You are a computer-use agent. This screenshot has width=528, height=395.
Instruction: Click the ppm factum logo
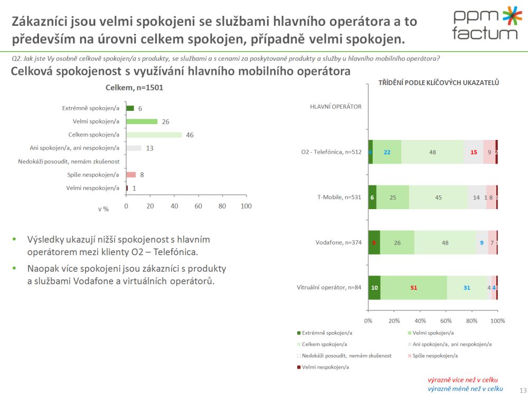point(484,24)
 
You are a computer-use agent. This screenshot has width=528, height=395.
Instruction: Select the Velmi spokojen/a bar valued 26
point(142,121)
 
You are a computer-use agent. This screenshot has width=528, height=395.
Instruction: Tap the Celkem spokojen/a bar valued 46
point(154,135)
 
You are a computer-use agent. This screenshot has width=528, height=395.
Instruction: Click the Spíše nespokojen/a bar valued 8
point(131,174)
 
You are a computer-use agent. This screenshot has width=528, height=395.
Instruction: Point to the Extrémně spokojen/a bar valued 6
point(130,108)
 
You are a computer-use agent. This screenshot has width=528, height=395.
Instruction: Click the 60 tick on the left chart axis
point(198,206)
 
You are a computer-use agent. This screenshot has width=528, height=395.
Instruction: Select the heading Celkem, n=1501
point(135,88)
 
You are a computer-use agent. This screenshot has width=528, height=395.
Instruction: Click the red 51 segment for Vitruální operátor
point(413,288)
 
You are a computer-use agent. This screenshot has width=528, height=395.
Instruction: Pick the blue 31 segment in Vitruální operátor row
point(467,288)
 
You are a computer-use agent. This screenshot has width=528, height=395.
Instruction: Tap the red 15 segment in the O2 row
point(474,152)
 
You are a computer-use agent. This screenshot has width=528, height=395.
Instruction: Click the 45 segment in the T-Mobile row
point(438,197)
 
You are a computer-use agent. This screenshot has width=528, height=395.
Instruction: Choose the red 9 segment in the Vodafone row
point(374,243)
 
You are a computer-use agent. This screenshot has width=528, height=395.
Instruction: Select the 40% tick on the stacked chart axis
point(420,321)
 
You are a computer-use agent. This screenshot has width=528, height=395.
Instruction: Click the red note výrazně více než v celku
point(463,380)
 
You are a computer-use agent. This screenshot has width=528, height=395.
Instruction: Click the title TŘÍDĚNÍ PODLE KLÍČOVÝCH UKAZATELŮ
point(439,82)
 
